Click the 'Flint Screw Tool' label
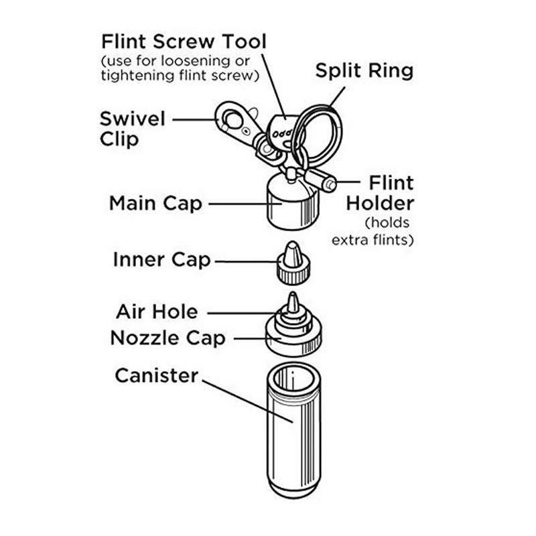(183, 42)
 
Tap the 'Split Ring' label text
(364, 71)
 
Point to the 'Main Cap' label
(155, 203)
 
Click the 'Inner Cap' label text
(162, 259)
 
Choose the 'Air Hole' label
(157, 312)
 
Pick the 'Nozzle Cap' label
(167, 338)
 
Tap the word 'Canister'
(157, 375)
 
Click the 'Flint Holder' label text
(380, 193)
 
